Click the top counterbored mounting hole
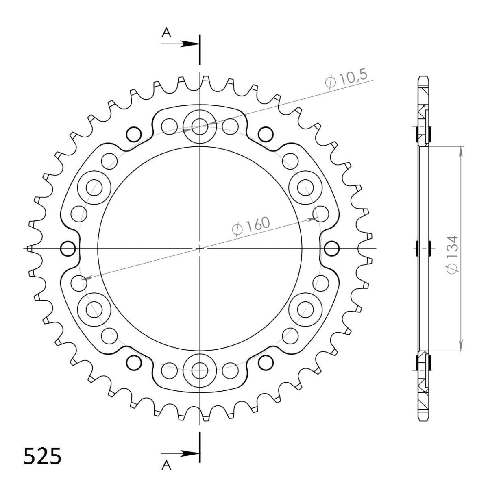[199, 126]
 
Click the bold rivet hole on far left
[68, 248]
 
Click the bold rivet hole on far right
[331, 248]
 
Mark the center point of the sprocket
[199, 248]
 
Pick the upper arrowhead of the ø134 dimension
[460, 150]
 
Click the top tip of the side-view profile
[423, 76]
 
